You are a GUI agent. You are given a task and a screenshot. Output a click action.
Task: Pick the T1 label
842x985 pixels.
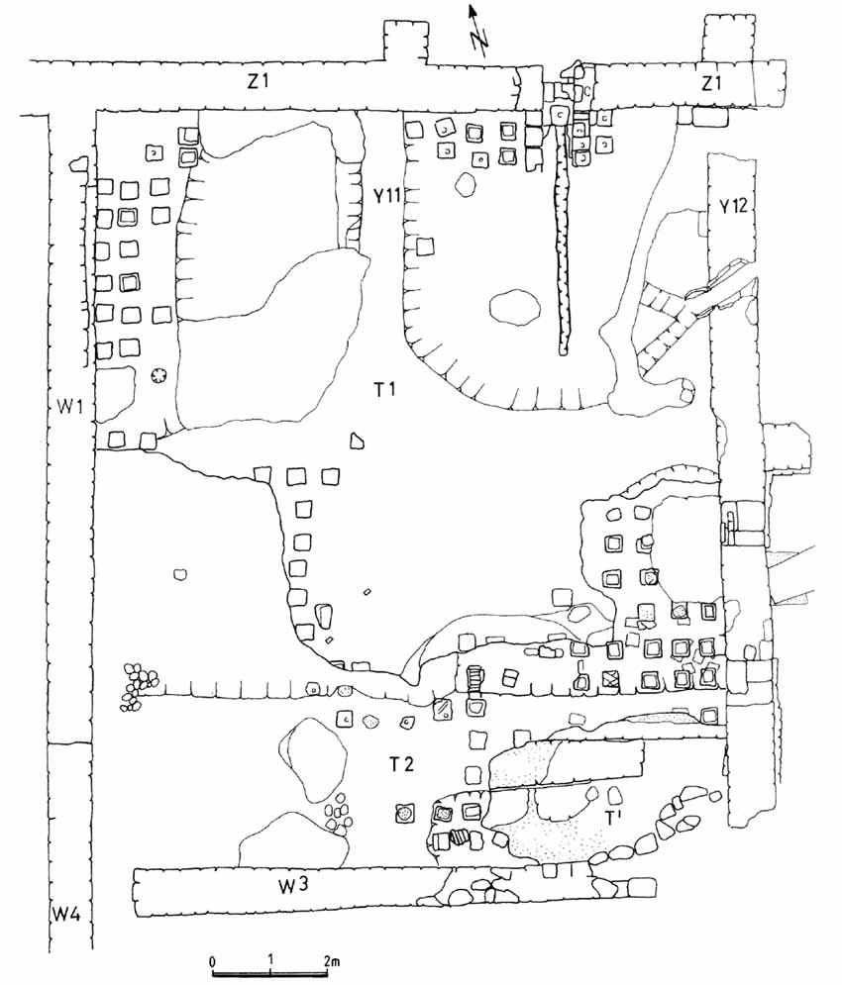point(384,390)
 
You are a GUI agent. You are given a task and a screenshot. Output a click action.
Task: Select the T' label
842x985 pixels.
point(613,819)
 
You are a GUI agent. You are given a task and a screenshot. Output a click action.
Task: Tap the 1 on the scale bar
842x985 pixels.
point(270,961)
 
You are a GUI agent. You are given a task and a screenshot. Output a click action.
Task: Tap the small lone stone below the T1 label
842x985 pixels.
point(357,442)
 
